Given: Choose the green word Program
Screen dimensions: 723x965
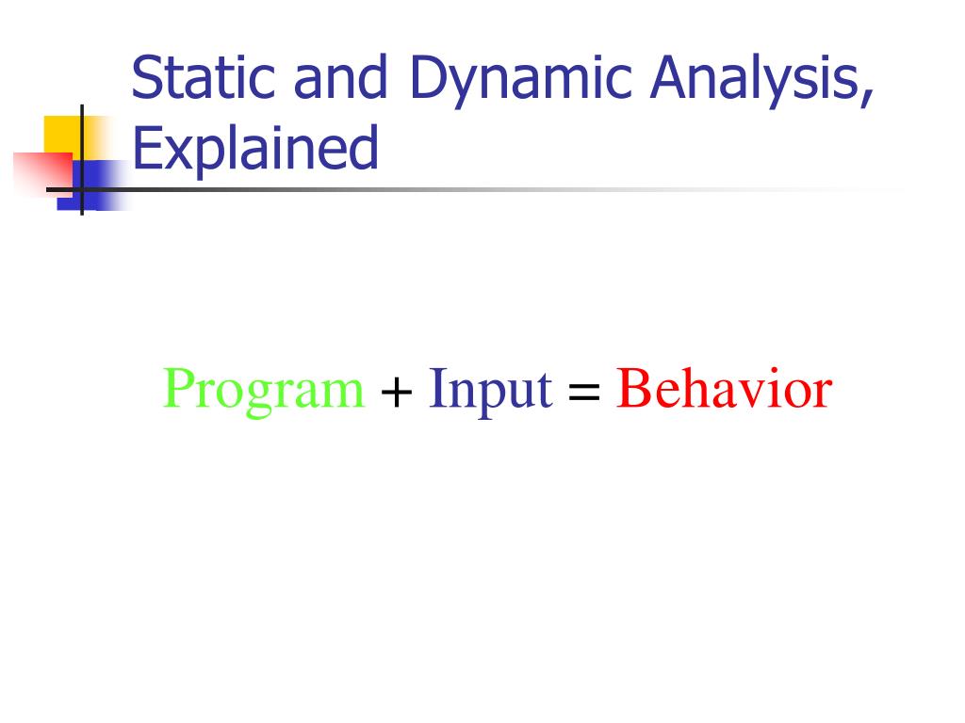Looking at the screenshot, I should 264,391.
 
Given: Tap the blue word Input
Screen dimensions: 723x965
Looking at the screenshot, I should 490,391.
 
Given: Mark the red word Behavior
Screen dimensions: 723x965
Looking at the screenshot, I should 724,389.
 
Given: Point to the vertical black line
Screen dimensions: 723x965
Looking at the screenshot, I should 82,132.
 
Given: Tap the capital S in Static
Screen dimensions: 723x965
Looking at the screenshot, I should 145,79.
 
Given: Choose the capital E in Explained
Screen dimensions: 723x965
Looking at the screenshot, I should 144,149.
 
